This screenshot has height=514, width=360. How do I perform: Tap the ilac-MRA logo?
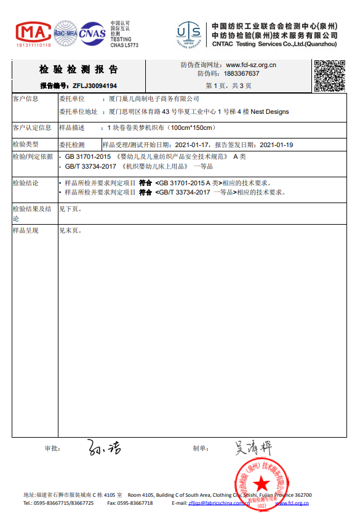(65, 31)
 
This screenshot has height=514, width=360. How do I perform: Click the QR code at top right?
(330, 76)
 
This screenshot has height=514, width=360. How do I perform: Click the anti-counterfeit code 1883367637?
(242, 74)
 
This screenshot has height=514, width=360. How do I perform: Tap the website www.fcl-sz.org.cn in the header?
(251, 65)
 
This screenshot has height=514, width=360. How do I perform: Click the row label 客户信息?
(26, 99)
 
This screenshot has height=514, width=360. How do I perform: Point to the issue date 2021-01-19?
(276, 145)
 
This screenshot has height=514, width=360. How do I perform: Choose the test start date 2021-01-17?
(193, 145)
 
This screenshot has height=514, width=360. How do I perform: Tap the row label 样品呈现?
(26, 231)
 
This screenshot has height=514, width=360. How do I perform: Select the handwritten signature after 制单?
(253, 448)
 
